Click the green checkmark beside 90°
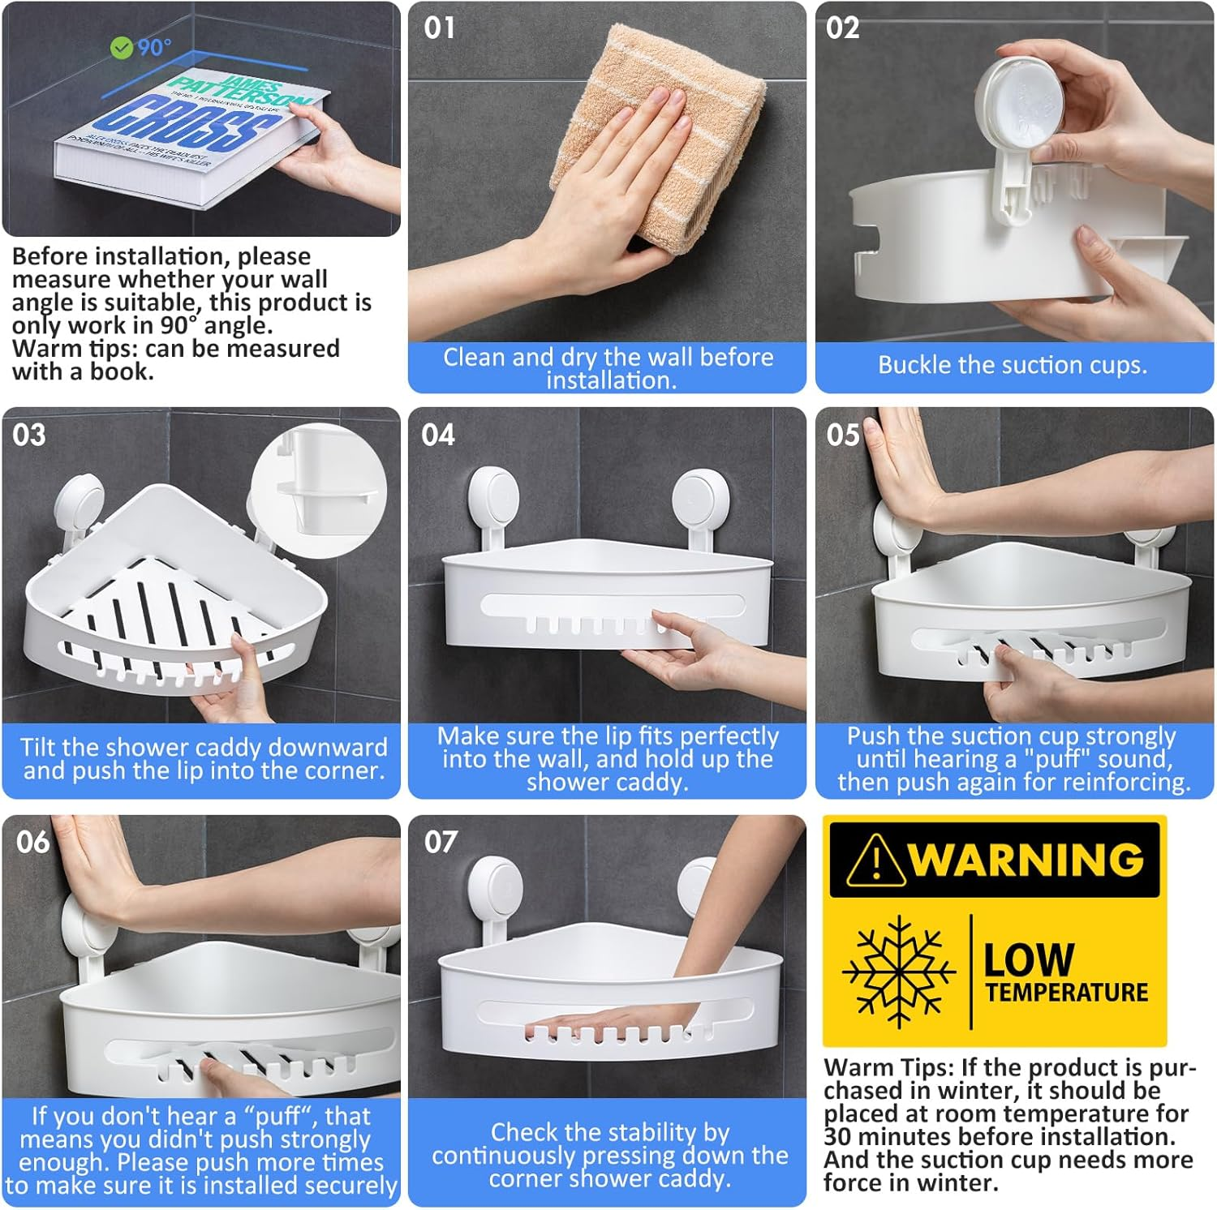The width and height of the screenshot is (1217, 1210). pyautogui.click(x=121, y=49)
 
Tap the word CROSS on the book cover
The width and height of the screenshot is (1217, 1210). pyautogui.click(x=190, y=126)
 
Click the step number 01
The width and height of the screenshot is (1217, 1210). pyautogui.click(x=439, y=28)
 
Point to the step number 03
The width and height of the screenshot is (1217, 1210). pyautogui.click(x=29, y=436)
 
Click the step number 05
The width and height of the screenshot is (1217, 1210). pyautogui.click(x=842, y=436)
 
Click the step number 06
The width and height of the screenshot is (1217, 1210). pyautogui.click(x=32, y=843)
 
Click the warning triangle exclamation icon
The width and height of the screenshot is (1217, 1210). pyautogui.click(x=875, y=861)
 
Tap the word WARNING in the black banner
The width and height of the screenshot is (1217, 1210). pyautogui.click(x=1026, y=860)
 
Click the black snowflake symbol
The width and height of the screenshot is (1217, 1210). pyautogui.click(x=898, y=971)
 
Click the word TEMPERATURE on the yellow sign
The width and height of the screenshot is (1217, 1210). pyautogui.click(x=1067, y=993)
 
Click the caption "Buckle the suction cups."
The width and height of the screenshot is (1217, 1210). pyautogui.click(x=1013, y=365)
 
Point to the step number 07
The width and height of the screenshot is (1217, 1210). pyautogui.click(x=441, y=843)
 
